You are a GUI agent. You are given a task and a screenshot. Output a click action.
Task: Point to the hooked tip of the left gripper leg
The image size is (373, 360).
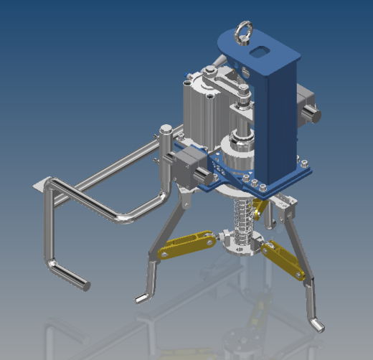pyautogui.click(x=141, y=297)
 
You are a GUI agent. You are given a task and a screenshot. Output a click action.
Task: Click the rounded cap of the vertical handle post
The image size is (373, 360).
pyautogui.click(x=165, y=129)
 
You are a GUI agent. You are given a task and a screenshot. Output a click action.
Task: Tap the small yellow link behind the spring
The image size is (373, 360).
pyautogui.click(x=260, y=208)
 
